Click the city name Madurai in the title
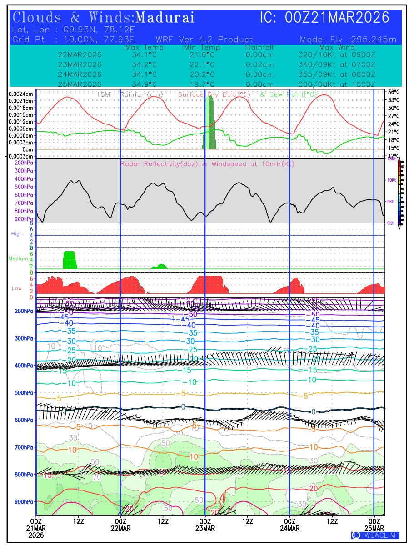pyautogui.click(x=165, y=18)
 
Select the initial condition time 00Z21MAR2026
pyautogui.click(x=337, y=18)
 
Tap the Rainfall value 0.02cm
pyautogui.click(x=259, y=64)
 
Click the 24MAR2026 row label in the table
pyautogui.click(x=80, y=74)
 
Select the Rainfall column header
pyautogui.click(x=259, y=47)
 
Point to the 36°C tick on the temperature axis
pyautogui.click(x=394, y=92)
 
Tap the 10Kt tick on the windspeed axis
pyautogui.click(x=391, y=180)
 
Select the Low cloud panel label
pyautogui.click(x=17, y=288)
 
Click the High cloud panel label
pyautogui.click(x=17, y=234)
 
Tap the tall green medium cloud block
pyautogui.click(x=70, y=259)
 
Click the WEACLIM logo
pyautogui.click(x=375, y=535)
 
